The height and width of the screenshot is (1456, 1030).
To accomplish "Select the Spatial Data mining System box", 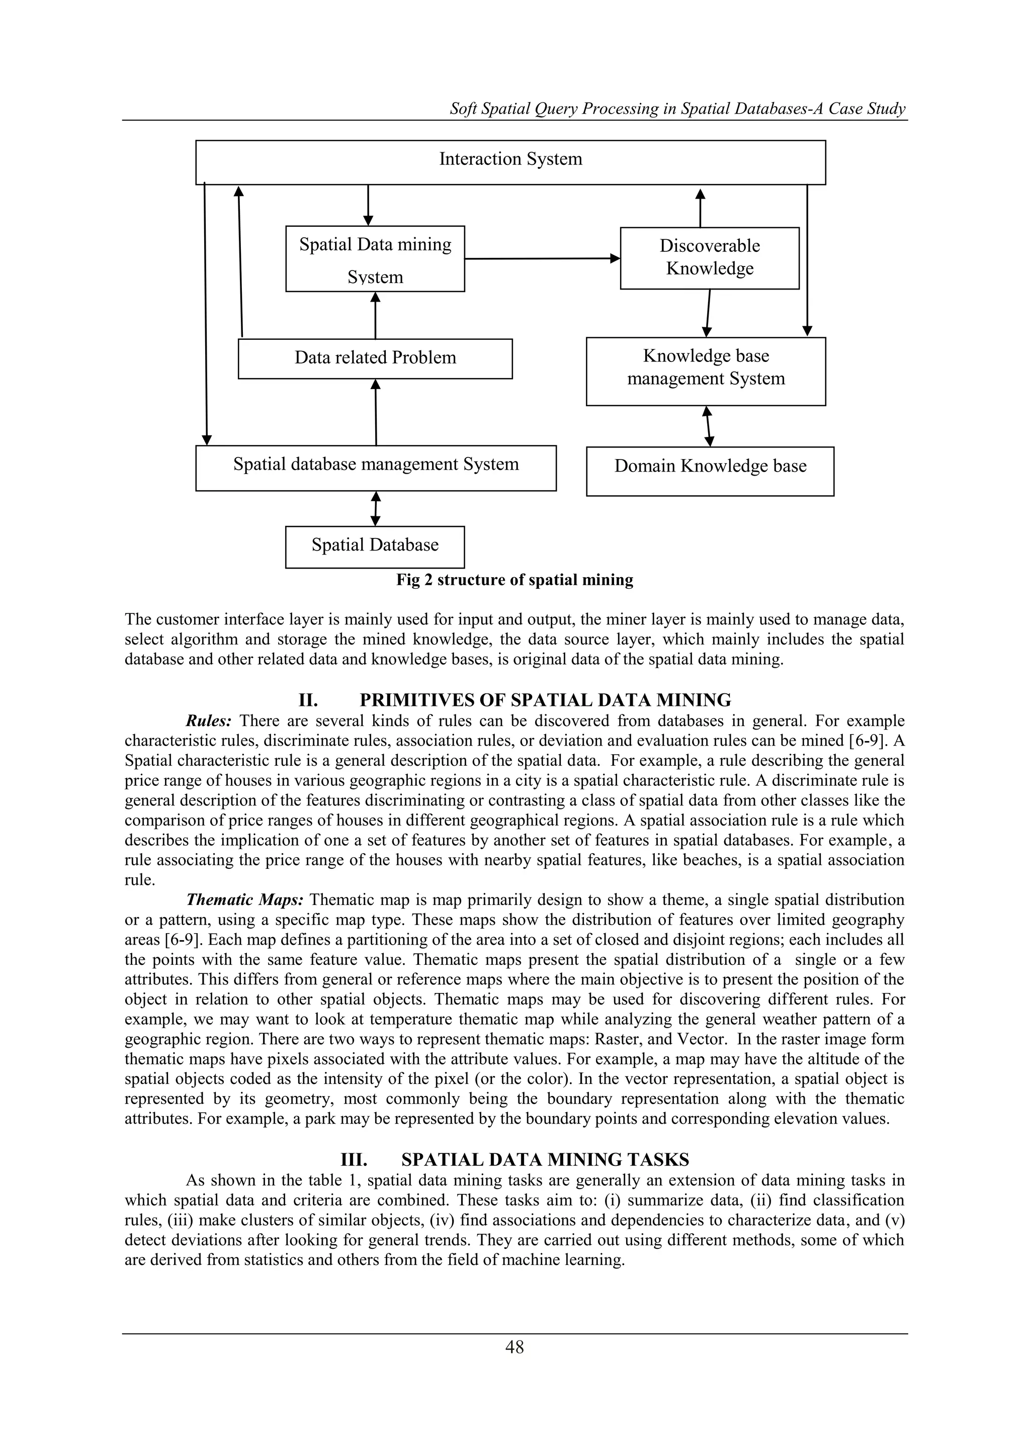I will (375, 259).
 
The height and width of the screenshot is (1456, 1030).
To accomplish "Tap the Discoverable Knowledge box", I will (709, 258).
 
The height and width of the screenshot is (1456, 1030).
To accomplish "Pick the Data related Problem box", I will (375, 358).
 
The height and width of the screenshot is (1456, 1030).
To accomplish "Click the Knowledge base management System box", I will (705, 371).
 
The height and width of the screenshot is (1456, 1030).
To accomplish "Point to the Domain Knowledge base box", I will (710, 471).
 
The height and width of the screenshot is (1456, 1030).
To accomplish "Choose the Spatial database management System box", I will (376, 468).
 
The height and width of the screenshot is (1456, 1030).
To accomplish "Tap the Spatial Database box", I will (375, 547).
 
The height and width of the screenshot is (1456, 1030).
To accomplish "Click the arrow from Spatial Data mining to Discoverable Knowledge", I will (542, 259).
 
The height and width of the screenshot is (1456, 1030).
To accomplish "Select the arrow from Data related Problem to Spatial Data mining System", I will (376, 315).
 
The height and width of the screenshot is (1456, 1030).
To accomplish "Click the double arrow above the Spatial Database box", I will (376, 509).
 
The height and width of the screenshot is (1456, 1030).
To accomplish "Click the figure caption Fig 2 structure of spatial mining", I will (514, 580).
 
